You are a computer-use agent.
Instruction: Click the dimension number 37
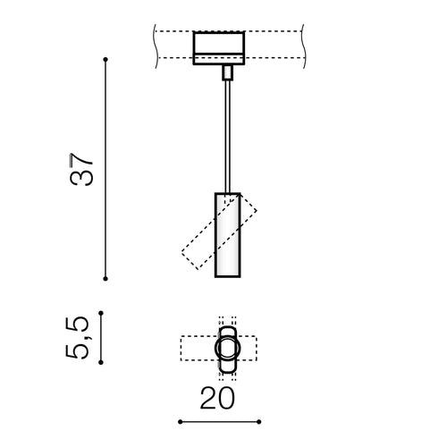(81, 170)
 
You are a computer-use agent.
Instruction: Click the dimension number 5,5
(77, 337)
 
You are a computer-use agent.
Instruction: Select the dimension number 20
(217, 398)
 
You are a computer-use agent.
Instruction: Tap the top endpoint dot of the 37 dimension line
(105, 60)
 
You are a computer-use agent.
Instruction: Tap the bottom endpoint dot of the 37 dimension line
(105, 279)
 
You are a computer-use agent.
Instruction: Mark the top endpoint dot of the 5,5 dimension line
(101, 313)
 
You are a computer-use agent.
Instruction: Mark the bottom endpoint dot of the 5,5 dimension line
(101, 362)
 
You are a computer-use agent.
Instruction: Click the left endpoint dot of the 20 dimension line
(181, 422)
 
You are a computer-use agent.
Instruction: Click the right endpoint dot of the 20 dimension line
(259, 422)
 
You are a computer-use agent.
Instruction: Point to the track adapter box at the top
(219, 47)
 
